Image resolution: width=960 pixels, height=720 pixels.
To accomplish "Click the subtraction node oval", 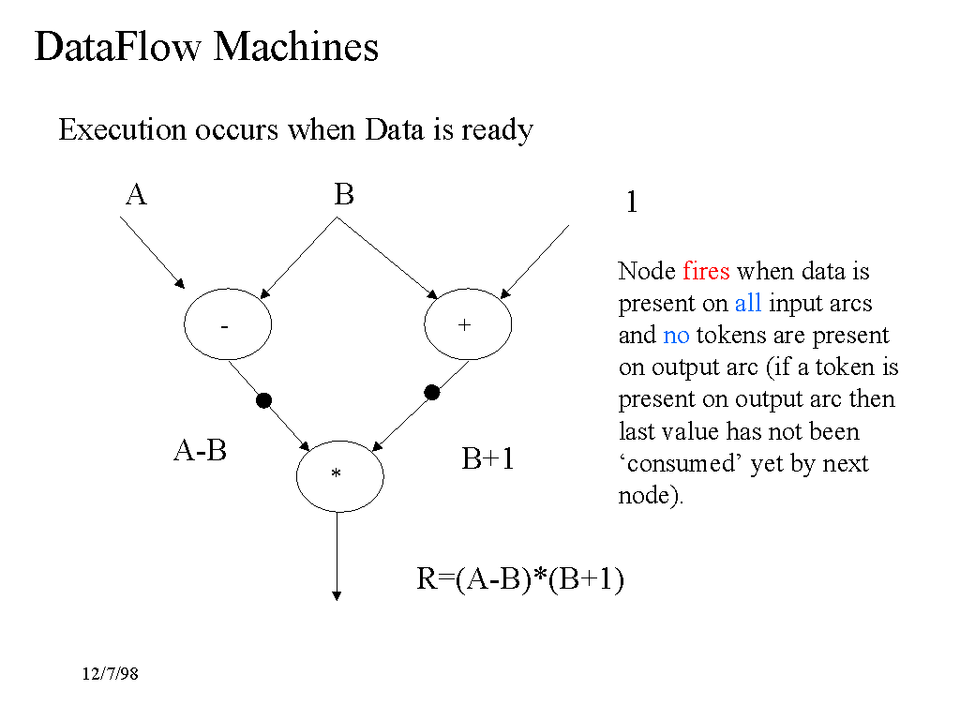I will point(228,325).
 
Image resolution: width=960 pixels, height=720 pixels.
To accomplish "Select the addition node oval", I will point(468,325).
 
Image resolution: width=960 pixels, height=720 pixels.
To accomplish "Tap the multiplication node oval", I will point(339,475).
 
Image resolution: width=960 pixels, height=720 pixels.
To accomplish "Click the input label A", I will point(136,195).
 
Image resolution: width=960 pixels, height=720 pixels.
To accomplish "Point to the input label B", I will point(344,195).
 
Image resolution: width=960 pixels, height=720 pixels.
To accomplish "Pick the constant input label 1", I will point(632,202).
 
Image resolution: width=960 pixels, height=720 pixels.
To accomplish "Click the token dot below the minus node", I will point(263,400).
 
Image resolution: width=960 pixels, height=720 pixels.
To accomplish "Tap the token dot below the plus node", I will point(432,393).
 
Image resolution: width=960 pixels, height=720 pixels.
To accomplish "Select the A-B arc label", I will point(201,451).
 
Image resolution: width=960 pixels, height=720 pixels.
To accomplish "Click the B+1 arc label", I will point(488,459).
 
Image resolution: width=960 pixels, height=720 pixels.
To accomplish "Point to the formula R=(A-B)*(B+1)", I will point(520,580).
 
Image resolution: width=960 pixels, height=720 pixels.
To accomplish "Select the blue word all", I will point(747,304).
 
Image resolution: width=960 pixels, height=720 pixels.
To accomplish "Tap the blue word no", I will point(676,336).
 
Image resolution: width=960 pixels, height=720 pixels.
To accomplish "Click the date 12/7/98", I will point(110,673).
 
